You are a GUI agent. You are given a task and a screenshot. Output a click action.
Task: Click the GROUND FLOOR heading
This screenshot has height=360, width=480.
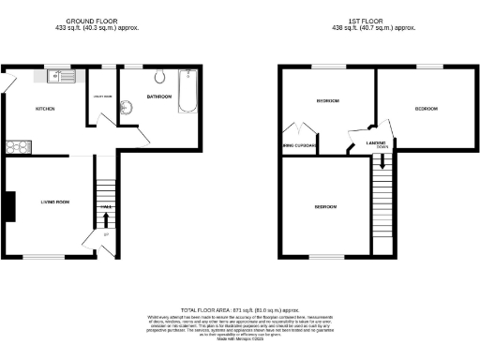92,20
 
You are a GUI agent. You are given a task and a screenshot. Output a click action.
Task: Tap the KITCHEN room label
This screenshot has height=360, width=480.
45,109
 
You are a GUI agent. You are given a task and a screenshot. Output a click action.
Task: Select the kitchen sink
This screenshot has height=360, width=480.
63,74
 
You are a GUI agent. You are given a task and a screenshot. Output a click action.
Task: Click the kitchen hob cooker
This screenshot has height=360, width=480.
18,145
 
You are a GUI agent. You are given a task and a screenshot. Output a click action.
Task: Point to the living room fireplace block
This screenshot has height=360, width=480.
8,206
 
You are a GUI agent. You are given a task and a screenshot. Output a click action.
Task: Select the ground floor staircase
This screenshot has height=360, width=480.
106,183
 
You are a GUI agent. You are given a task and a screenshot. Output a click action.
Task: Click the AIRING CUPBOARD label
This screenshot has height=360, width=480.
299,146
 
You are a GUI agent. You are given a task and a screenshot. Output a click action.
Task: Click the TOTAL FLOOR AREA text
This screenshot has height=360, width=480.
239,309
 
